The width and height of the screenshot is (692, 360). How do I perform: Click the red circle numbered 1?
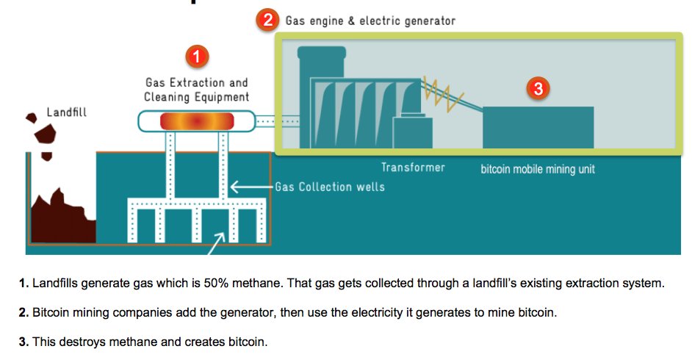pos(195,56)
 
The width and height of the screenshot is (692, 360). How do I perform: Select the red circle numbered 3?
pos(538,90)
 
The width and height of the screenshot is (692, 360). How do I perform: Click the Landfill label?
pos(67,112)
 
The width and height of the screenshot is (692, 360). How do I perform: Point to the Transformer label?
pos(413,168)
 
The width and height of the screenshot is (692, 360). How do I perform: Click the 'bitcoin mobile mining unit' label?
pos(538,169)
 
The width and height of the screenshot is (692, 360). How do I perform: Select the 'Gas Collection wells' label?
pos(330,187)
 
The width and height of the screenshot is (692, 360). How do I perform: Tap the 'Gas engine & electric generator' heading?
pos(370,21)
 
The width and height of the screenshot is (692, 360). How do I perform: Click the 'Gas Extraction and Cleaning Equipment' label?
pos(196,90)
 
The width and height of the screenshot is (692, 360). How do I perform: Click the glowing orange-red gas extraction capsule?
pos(196,121)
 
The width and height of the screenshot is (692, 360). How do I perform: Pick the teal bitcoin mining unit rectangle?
pos(538,127)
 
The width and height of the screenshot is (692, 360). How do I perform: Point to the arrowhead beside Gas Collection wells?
pos(233,186)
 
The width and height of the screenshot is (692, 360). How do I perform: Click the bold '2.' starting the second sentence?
pos(24,312)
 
